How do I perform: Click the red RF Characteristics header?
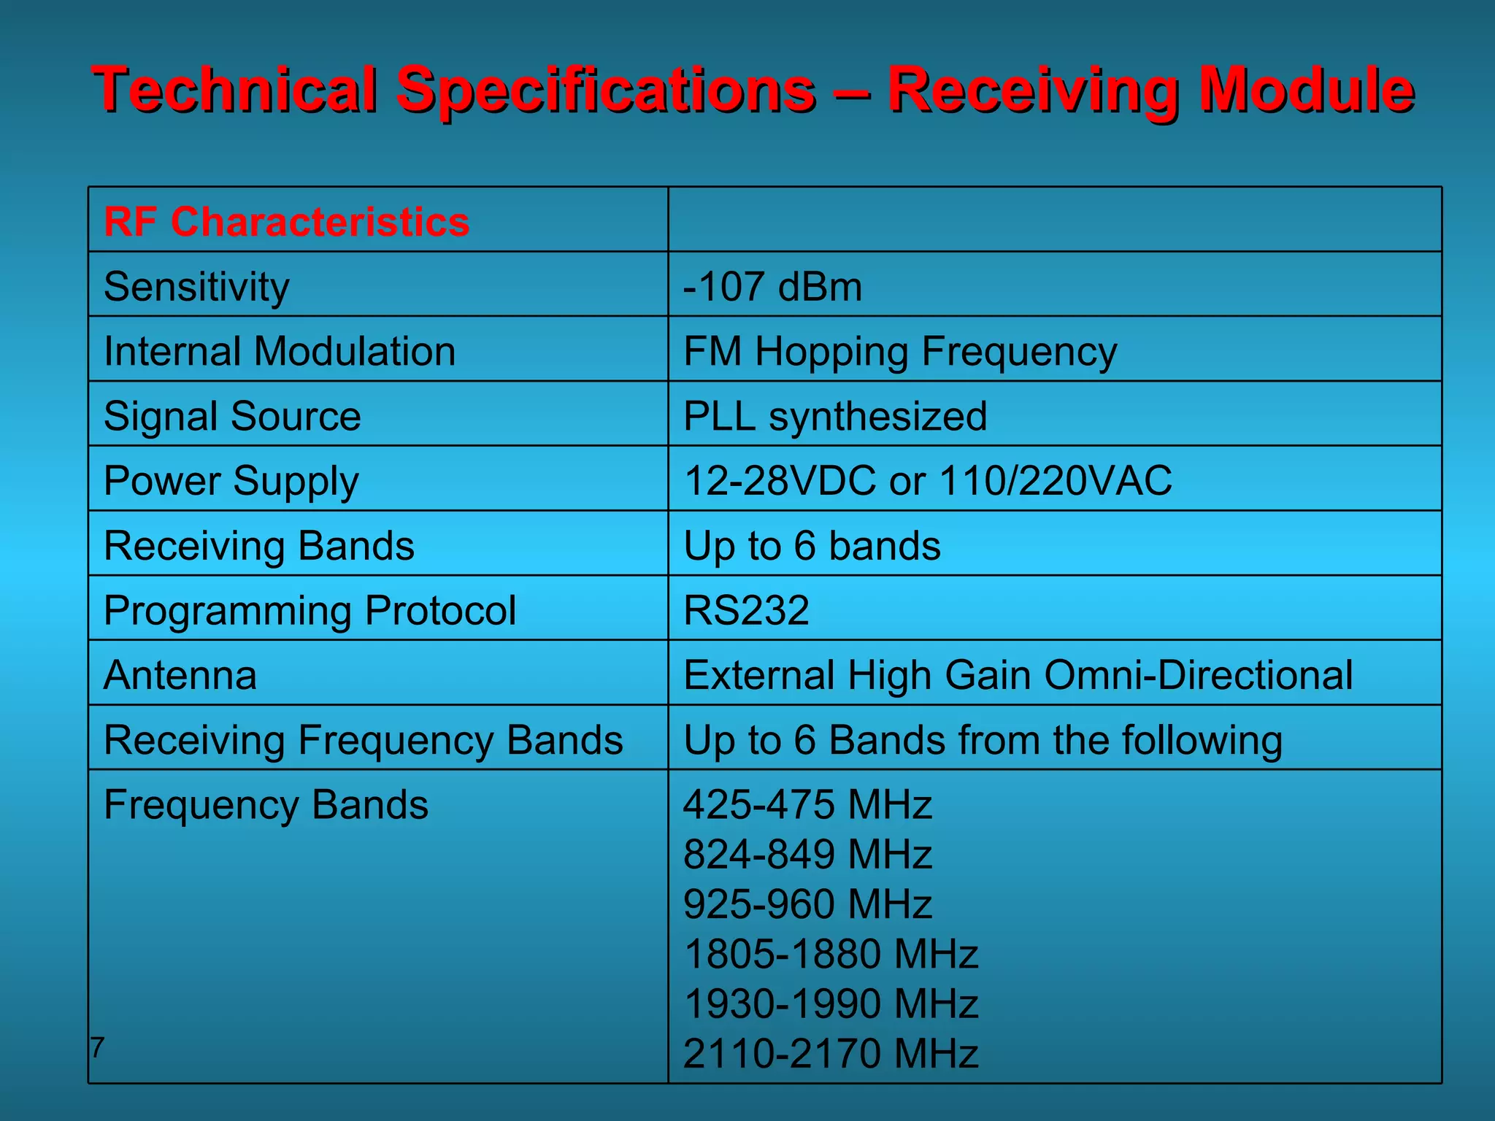[x=286, y=221]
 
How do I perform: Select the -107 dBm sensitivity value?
[x=772, y=286]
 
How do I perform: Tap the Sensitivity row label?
[x=196, y=286]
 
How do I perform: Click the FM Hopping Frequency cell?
[x=899, y=351]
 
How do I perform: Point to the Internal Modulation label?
[x=280, y=351]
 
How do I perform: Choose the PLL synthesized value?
[x=835, y=416]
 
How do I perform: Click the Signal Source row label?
[x=232, y=416]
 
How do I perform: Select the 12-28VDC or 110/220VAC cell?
[x=927, y=480]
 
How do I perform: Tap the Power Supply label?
[x=231, y=480]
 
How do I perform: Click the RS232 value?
[x=746, y=609]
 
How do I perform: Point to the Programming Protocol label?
[x=310, y=609]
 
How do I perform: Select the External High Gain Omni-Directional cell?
[x=1018, y=674]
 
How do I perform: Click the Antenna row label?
[x=180, y=674]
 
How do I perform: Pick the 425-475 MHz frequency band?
[x=807, y=804]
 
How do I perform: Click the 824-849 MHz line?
[x=807, y=854]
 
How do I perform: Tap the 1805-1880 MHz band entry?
[x=831, y=953]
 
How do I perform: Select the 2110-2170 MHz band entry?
[x=831, y=1053]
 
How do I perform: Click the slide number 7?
[x=97, y=1047]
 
